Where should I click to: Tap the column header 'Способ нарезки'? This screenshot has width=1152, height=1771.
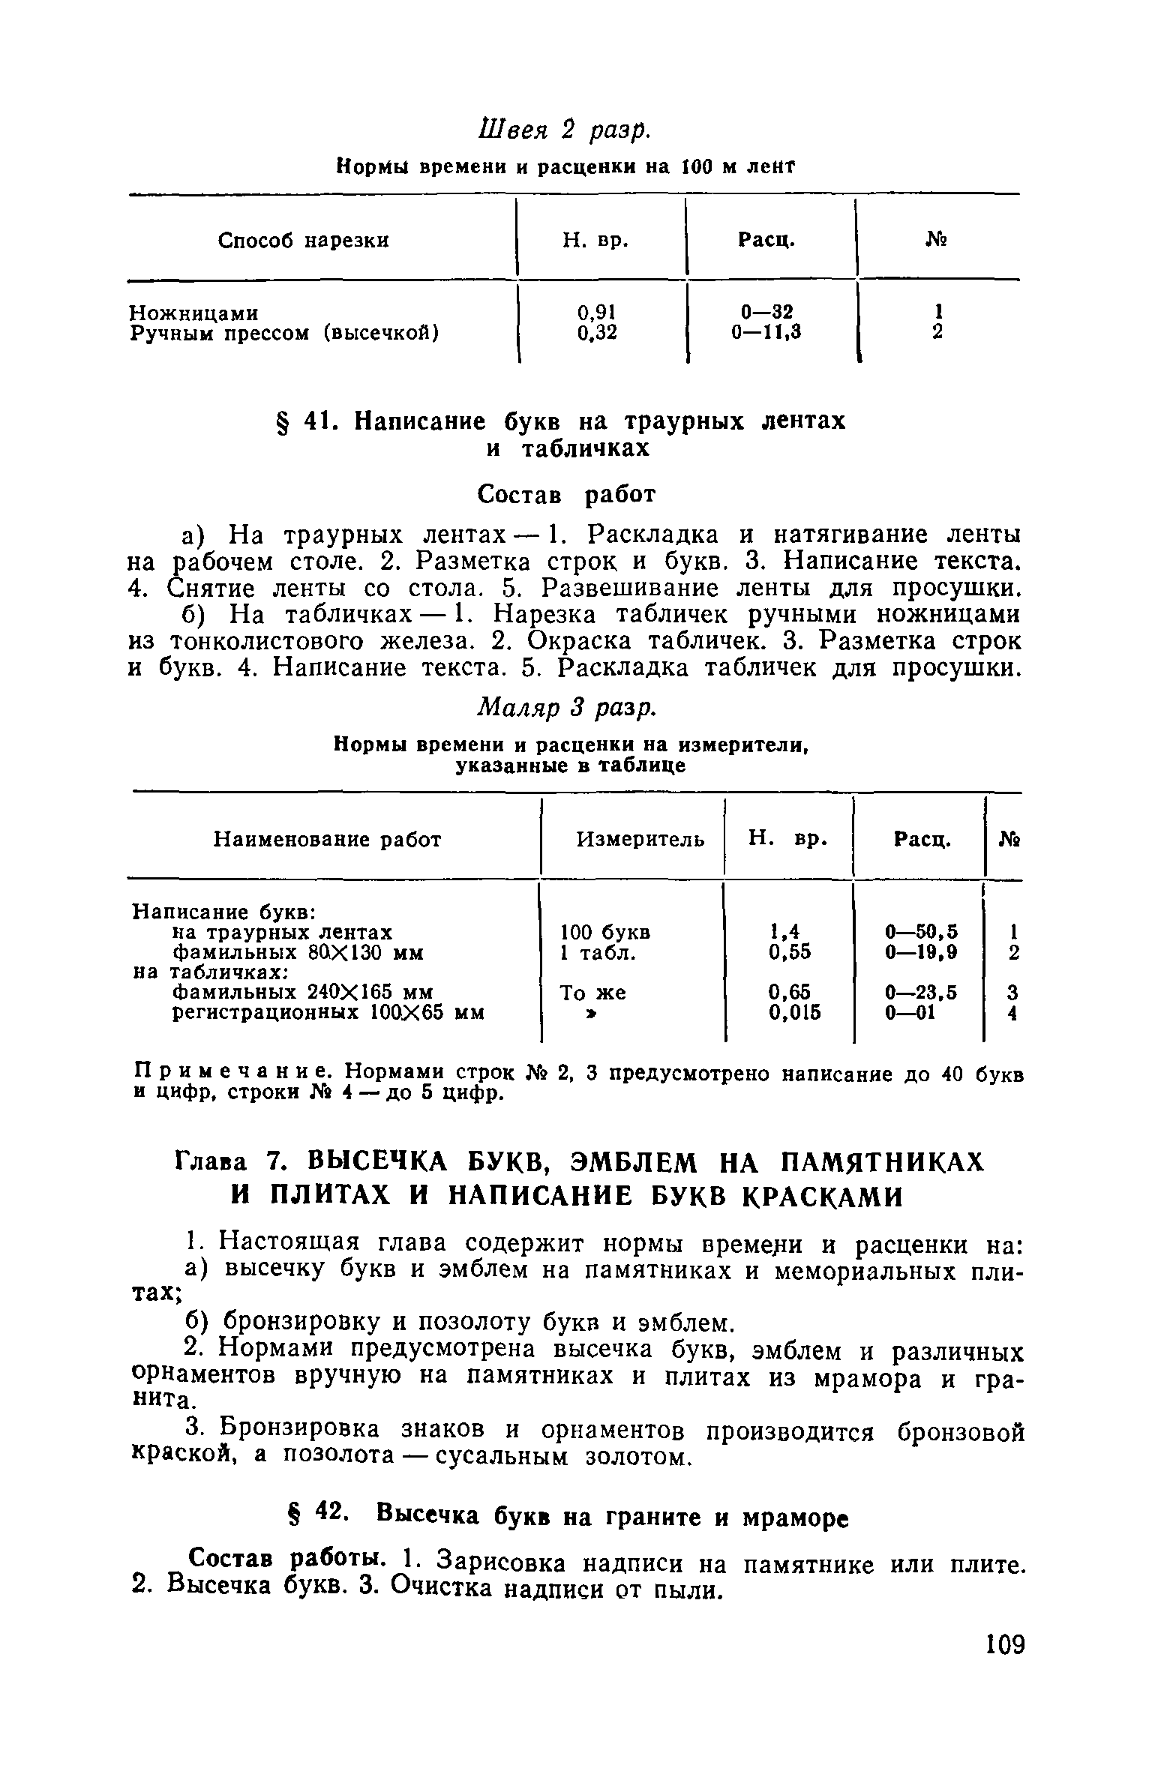pos(304,241)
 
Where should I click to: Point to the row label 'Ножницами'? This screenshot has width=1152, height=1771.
pos(195,312)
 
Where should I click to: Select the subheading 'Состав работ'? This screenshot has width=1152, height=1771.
pos(567,494)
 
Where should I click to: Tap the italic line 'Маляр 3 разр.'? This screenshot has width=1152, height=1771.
pos(567,706)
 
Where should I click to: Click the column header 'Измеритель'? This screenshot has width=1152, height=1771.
pos(640,840)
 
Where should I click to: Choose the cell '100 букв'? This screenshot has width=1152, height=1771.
pos(606,933)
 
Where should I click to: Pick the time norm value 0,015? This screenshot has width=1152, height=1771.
pos(795,1013)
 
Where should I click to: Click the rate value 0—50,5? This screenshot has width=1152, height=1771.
pos(921,933)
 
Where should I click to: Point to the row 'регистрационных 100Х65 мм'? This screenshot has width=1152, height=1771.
pos(328,1013)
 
